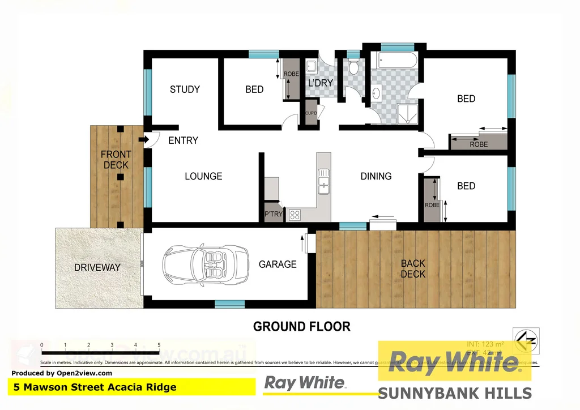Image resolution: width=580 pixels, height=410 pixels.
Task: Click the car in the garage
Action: click(206, 264)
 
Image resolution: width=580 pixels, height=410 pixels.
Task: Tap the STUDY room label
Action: click(185, 89)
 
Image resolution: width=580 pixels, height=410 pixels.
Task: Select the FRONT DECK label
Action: click(116, 160)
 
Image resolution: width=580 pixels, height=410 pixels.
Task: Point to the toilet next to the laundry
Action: click(353, 69)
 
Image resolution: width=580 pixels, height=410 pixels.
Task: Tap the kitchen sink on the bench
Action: click(324, 181)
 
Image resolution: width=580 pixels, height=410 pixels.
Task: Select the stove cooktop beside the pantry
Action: click(295, 215)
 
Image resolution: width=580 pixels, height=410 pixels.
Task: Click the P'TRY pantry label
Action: click(273, 214)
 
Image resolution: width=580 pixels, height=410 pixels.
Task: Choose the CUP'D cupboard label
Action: click(311, 113)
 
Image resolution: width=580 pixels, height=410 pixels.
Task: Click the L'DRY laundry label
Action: click(320, 83)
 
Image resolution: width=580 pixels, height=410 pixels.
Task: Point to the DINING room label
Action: click(376, 176)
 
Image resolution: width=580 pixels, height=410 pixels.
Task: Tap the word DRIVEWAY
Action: click(97, 267)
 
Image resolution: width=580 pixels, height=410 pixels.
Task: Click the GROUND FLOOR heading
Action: click(301, 327)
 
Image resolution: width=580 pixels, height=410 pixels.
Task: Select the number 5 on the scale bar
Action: click(159, 345)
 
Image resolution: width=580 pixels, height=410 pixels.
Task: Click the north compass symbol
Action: click(526, 341)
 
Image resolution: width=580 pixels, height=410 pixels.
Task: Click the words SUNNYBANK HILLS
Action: click(454, 393)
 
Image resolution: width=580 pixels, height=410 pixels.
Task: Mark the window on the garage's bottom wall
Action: click(229, 304)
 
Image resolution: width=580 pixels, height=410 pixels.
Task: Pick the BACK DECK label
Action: click(413, 268)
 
